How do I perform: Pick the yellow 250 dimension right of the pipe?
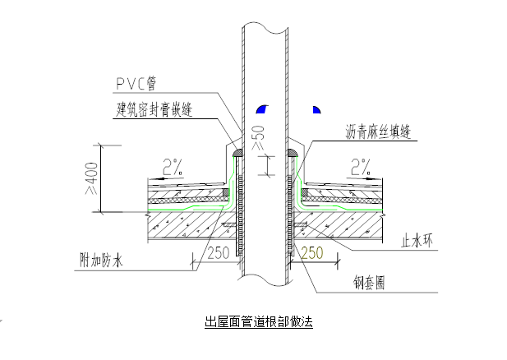pos(313,255)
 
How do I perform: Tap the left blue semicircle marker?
pos(261,108)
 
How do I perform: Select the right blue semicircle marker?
pos(316,108)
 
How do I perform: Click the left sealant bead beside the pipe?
pos(237,153)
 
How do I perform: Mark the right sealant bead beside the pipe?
pos(293,153)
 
